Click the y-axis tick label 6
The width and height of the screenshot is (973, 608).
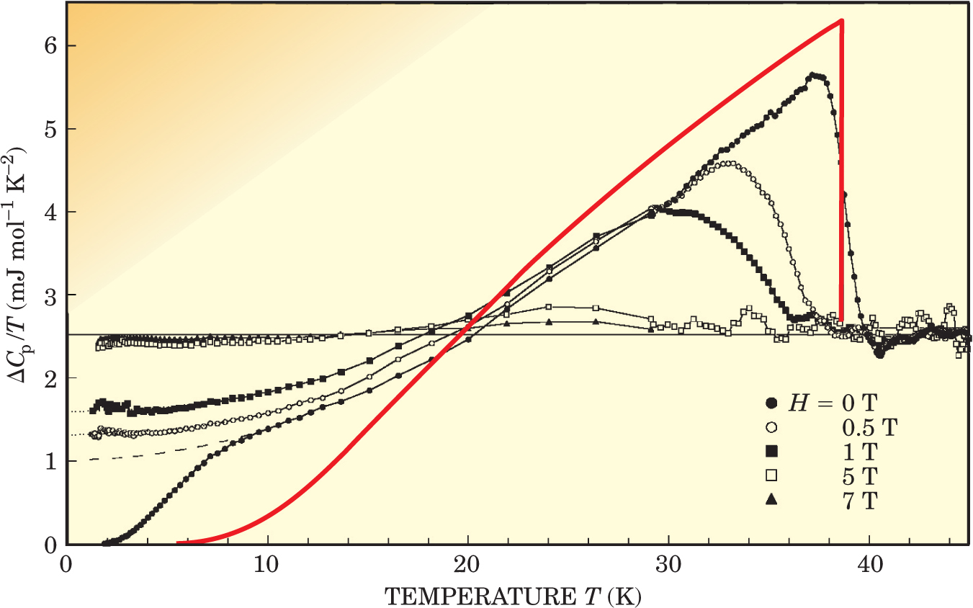[x=50, y=45]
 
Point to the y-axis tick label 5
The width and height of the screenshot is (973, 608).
[x=50, y=129]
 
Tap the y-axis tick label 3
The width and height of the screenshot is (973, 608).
[x=50, y=295]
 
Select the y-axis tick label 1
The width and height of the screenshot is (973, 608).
[x=50, y=462]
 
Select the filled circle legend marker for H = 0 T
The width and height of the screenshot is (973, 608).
[x=771, y=401]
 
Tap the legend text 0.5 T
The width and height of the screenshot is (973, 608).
[x=869, y=427]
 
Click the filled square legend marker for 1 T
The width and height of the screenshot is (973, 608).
[x=771, y=452]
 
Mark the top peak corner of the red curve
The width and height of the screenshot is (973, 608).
[x=841, y=20]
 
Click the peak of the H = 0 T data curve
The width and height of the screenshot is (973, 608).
[x=813, y=74]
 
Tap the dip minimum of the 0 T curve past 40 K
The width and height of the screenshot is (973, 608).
[x=879, y=354]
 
